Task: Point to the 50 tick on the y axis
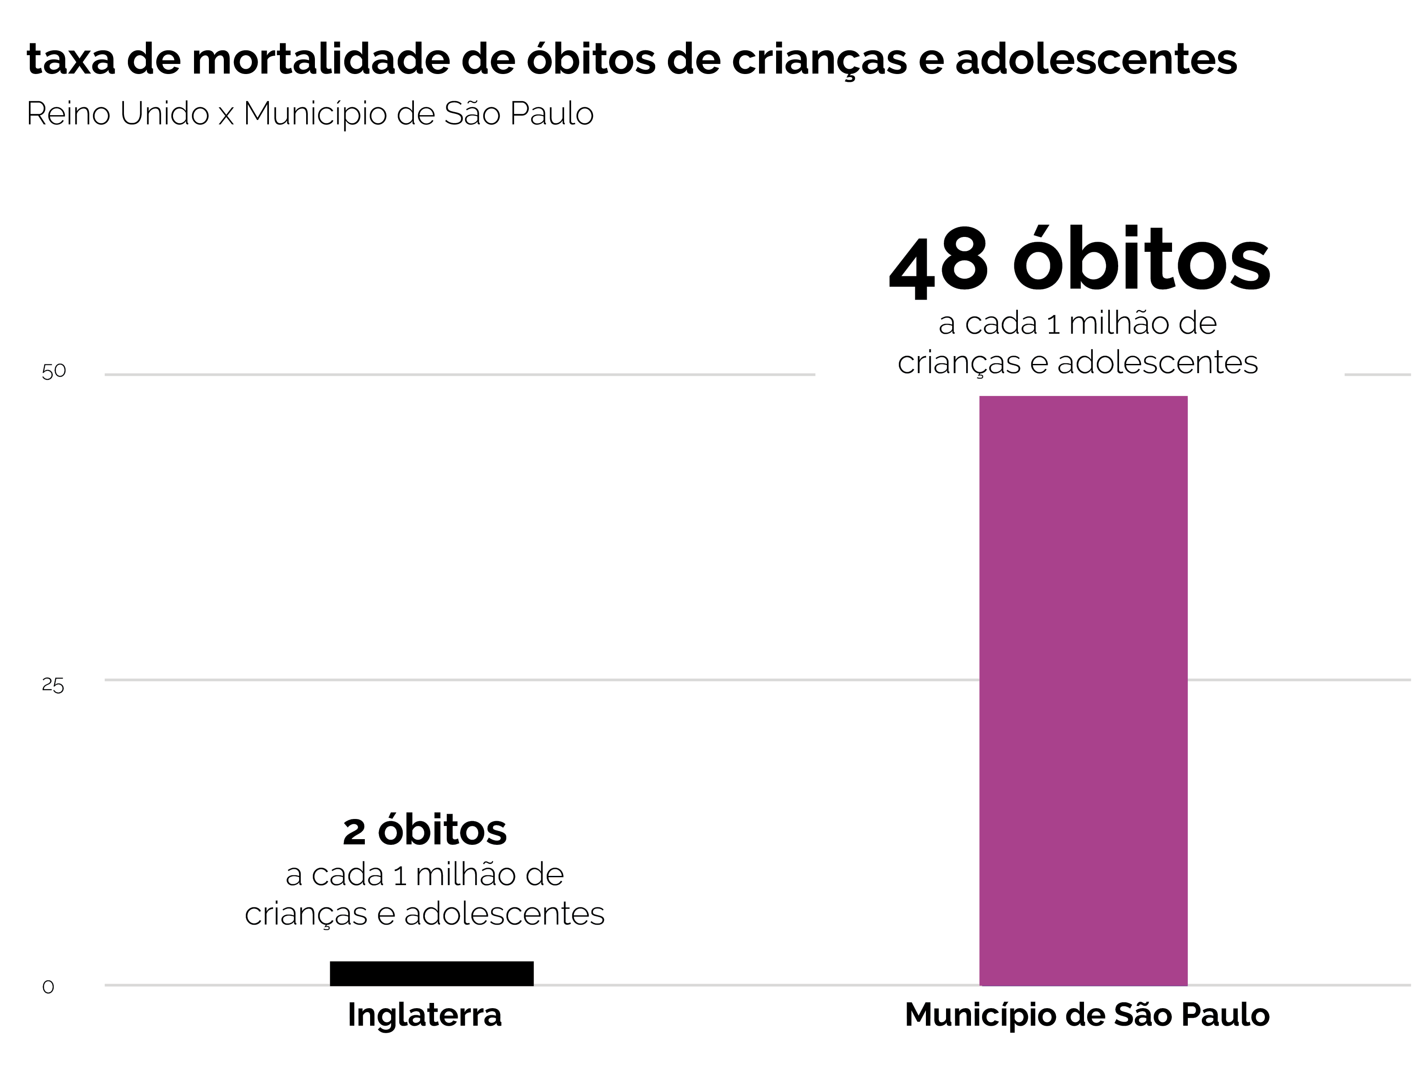[x=53, y=371]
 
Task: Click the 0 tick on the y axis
[x=48, y=987]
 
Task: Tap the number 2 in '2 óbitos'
[x=354, y=832]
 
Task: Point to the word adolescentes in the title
[x=1095, y=59]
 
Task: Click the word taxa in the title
[x=71, y=59]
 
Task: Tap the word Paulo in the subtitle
[x=551, y=114]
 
